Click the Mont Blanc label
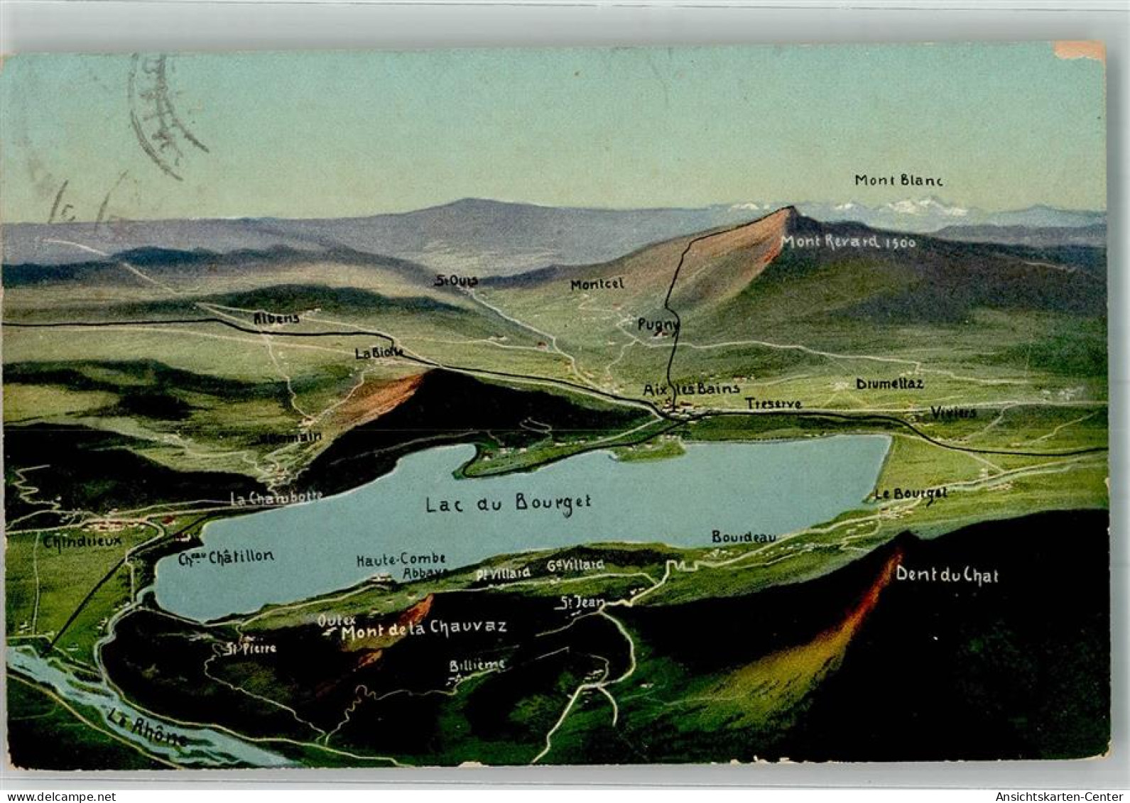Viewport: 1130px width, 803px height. pos(898,180)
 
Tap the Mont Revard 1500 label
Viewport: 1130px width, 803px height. pos(848,241)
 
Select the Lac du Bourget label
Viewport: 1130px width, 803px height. pos(508,503)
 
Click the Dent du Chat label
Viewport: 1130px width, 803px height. pos(947,574)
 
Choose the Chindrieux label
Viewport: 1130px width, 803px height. pos(82,540)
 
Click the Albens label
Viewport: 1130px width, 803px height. pos(277,318)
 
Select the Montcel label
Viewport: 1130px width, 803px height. pos(597,284)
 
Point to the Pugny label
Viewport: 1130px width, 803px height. pos(658,324)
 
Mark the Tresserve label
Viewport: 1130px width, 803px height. pos(773,403)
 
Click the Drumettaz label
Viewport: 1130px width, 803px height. pos(889,383)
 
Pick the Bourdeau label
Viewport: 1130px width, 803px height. pos(744,537)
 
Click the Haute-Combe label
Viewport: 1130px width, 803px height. pos(401,559)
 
